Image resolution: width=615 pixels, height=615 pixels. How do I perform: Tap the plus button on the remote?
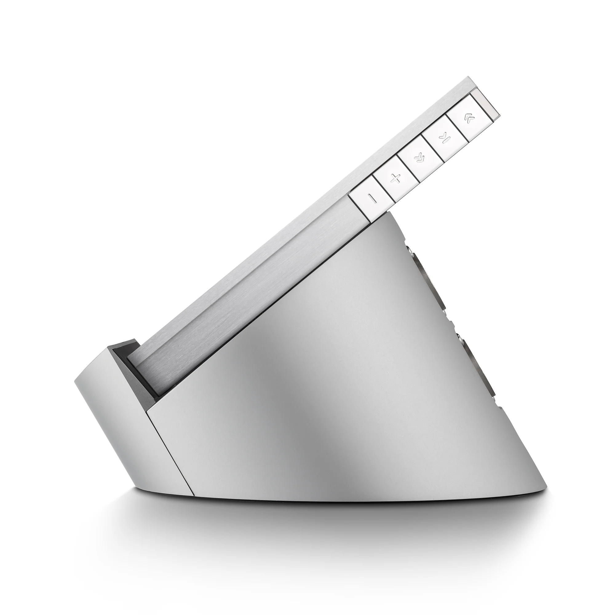(395, 179)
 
